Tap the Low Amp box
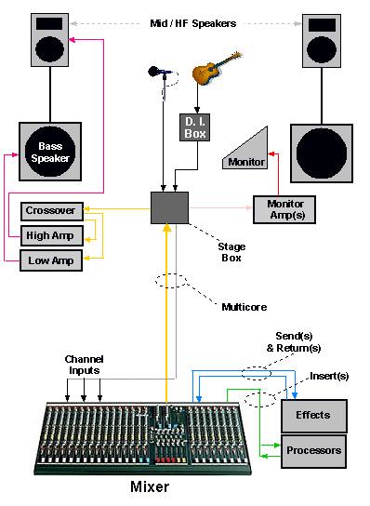51,260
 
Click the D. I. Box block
195,127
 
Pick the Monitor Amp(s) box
284,209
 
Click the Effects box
314,416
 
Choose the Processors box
314,451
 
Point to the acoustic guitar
217,68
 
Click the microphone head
153,72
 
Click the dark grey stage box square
170,207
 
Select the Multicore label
244,307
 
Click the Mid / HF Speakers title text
193,23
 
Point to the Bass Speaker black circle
50,152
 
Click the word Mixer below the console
150,486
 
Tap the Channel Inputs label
84,365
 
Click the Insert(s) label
329,376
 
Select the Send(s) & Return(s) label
294,342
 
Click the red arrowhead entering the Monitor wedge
271,153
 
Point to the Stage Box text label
231,252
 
